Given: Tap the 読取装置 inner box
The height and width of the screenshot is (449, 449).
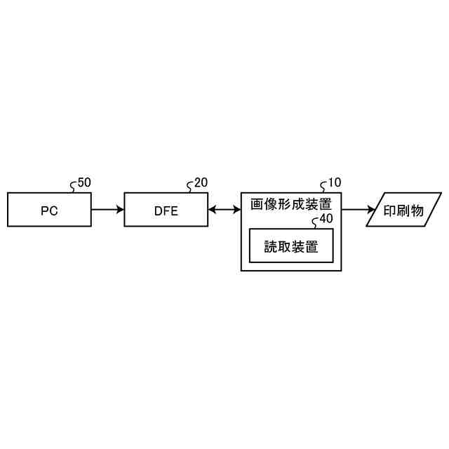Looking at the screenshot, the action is point(290,246).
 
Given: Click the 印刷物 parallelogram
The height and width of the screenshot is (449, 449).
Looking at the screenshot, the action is point(404,210).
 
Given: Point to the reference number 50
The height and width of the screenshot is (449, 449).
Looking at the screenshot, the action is point(83,182).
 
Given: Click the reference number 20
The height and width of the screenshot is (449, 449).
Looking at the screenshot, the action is point(201,182).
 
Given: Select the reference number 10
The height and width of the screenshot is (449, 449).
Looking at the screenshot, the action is point(335,182).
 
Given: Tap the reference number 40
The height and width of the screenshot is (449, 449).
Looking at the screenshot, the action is point(326,219).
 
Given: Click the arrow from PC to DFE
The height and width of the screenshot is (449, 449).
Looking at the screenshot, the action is point(107,210).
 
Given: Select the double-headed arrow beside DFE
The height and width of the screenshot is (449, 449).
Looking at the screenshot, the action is point(224,210).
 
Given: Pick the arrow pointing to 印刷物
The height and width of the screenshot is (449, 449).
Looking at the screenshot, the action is point(358,210).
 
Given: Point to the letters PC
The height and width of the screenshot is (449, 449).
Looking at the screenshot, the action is point(49,210).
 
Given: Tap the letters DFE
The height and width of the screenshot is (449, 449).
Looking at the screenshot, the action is point(166,210).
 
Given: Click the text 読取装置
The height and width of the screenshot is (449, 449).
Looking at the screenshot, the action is point(290,247).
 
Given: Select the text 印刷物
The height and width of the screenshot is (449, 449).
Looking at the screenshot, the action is point(404,210).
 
